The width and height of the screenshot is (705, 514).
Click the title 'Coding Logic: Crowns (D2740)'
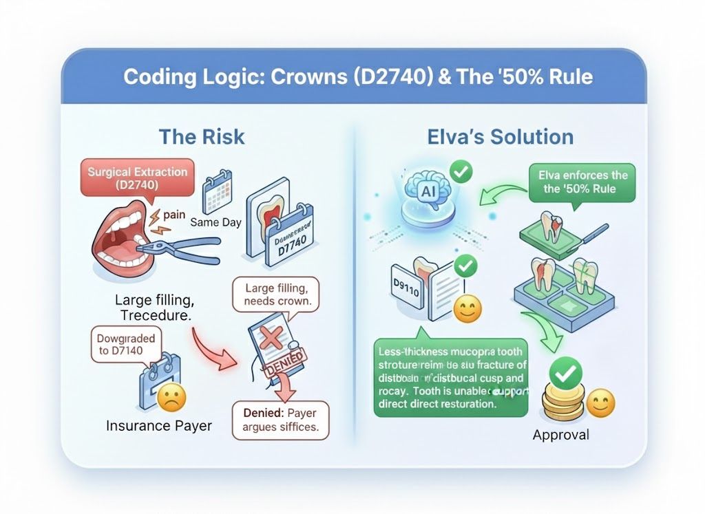pos(275,76)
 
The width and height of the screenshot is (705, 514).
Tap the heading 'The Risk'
pos(202,136)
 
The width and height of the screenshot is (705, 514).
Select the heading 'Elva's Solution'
pos(499,136)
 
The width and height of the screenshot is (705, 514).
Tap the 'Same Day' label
pos(216,223)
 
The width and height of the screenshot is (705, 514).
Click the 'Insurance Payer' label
pos(158,426)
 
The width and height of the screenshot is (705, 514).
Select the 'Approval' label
pos(561,434)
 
